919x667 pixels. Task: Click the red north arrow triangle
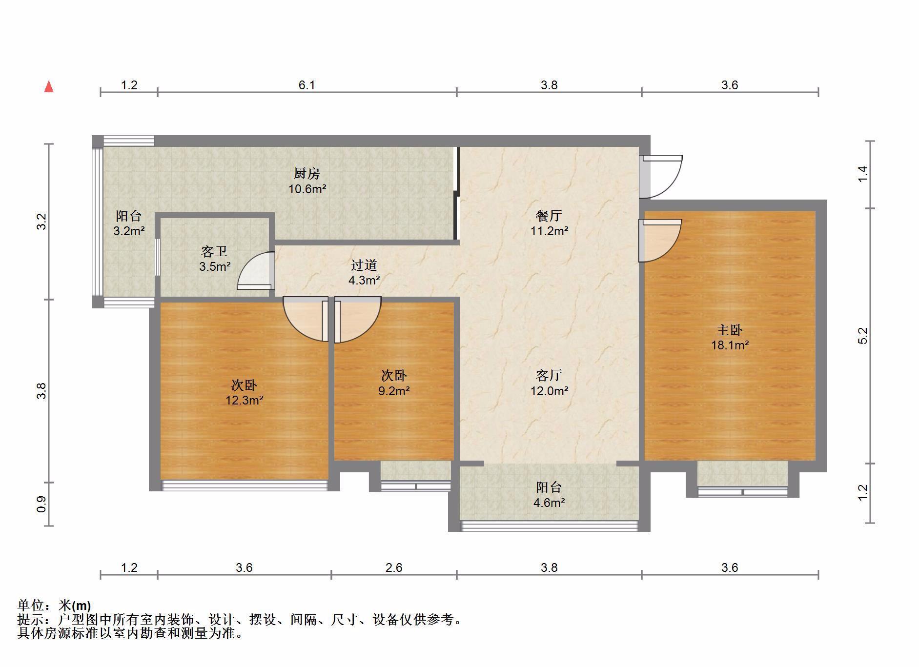pos(49,87)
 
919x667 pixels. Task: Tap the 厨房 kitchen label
pos(307,173)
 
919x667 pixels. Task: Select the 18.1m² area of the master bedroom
pos(730,345)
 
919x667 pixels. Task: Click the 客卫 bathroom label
pos(214,252)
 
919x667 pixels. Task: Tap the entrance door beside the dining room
pos(661,177)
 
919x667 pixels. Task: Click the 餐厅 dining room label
pos(549,215)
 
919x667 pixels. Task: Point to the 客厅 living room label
pos(549,375)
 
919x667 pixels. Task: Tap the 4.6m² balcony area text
pos(549,503)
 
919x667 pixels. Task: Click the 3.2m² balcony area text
pos(129,231)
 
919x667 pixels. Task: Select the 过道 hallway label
pos(364,265)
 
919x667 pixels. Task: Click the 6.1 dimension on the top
pos(307,85)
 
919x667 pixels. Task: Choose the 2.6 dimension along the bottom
pos(394,567)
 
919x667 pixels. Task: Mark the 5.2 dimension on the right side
pos(863,336)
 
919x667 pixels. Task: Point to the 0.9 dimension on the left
pos(41,504)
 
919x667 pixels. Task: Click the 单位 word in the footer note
pos(31,606)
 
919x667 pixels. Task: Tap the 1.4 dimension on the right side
pos(863,175)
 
